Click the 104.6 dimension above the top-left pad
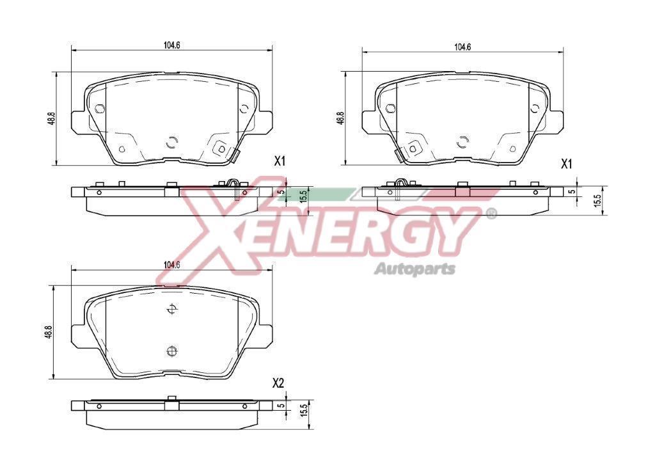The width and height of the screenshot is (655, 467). pyautogui.click(x=171, y=45)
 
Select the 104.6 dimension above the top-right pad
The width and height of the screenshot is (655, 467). pyautogui.click(x=462, y=47)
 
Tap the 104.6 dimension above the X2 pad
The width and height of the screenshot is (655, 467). pyautogui.click(x=171, y=264)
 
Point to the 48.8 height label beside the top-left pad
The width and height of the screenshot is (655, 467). pyautogui.click(x=51, y=118)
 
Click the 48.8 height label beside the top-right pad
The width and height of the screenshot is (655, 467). pyautogui.click(x=340, y=118)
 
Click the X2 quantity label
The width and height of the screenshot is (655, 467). pyautogui.click(x=278, y=383)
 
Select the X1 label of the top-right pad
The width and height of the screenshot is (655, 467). pyautogui.click(x=565, y=164)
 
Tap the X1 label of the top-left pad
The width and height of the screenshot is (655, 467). pyautogui.click(x=280, y=161)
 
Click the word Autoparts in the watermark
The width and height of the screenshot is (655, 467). pyautogui.click(x=414, y=269)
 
